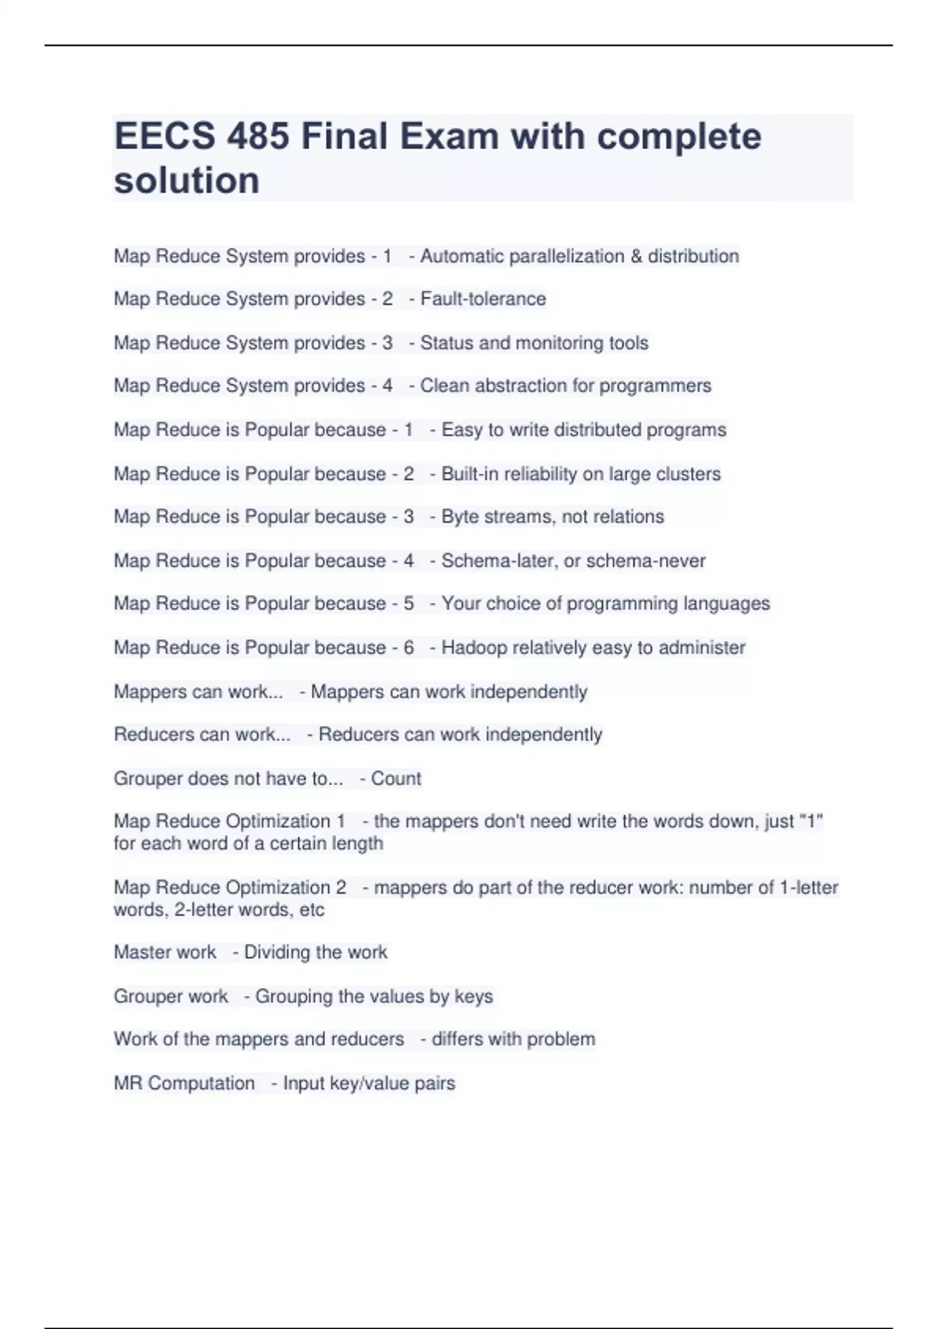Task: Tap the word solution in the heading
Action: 187,181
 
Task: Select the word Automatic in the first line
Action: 461,256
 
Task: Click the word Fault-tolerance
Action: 482,299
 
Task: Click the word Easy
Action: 461,430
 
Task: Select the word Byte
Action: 459,517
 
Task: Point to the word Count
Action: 396,779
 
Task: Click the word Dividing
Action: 277,952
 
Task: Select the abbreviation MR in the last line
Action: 127,1084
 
